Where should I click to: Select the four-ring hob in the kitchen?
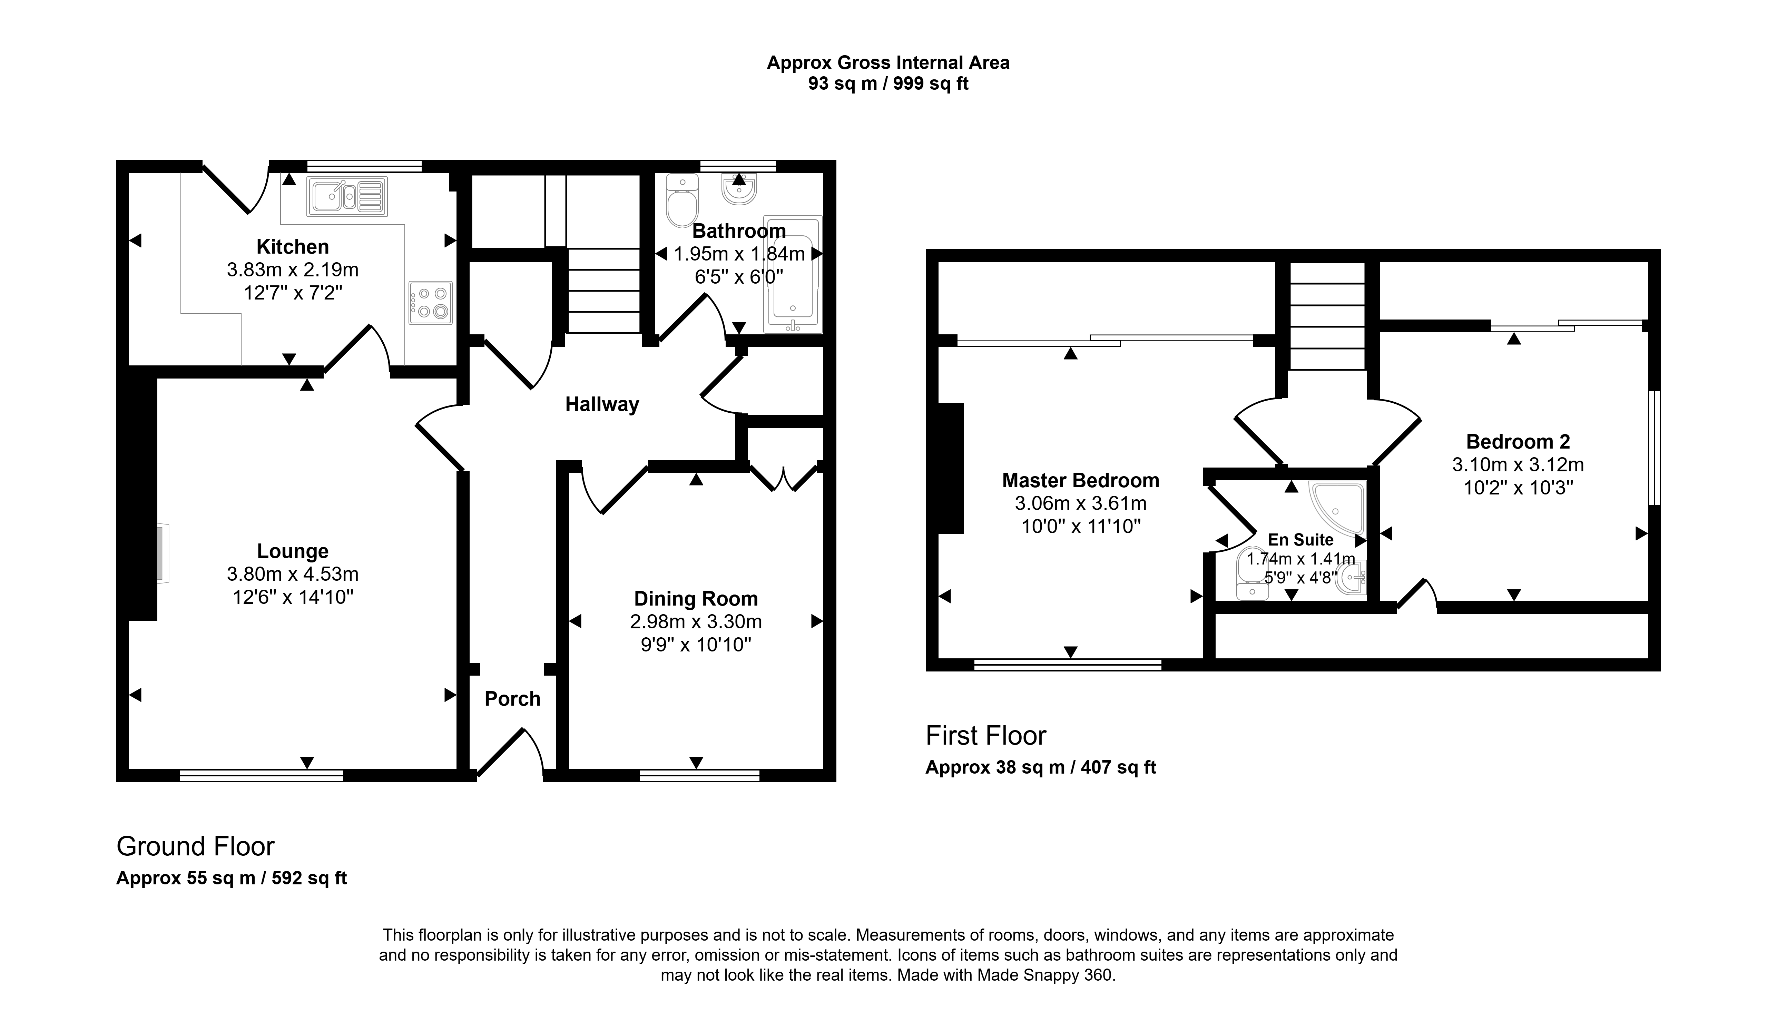430,303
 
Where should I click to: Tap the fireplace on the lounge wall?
162,553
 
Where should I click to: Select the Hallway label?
602,404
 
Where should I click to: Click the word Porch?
512,698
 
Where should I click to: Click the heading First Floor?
986,735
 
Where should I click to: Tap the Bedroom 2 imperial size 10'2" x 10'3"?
1518,488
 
